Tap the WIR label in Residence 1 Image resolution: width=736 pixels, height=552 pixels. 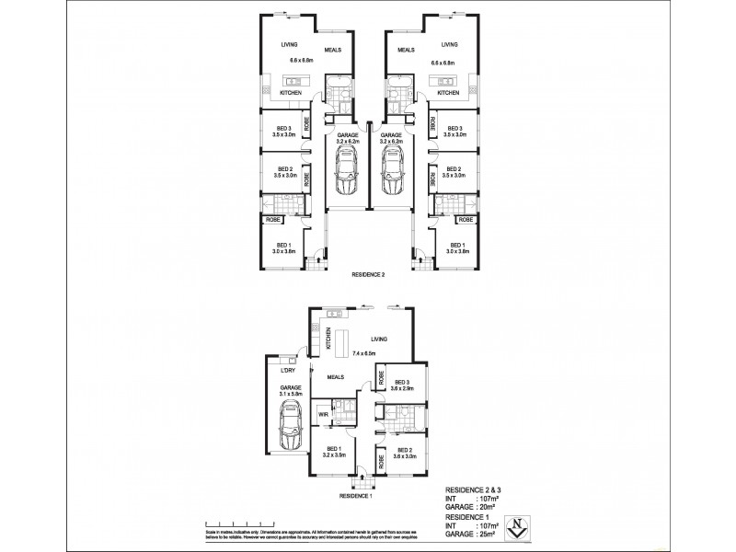click(322, 415)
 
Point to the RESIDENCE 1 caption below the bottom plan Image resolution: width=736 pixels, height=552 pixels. click(356, 497)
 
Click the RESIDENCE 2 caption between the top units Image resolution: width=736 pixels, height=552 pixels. click(369, 274)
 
